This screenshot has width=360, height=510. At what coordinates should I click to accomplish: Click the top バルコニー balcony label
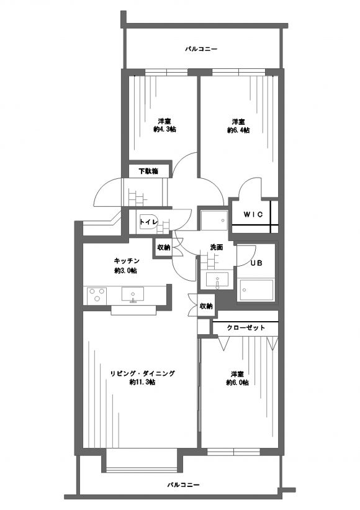click(201, 49)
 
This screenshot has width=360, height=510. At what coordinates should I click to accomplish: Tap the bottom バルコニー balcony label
click(183, 485)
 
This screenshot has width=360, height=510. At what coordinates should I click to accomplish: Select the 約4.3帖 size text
click(164, 129)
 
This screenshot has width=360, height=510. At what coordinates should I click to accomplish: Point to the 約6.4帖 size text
click(238, 130)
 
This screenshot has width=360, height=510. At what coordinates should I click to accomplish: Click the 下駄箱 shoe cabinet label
click(148, 171)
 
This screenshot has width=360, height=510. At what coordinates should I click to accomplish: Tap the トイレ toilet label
click(149, 222)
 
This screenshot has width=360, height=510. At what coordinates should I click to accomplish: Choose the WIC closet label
click(253, 215)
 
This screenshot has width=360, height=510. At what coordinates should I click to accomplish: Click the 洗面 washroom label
click(217, 247)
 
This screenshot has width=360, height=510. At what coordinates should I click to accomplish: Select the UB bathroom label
click(256, 263)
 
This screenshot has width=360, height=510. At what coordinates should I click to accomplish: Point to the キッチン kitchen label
click(127, 261)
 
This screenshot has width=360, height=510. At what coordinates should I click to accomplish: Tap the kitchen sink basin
click(133, 294)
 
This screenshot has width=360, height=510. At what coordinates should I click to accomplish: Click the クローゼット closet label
click(246, 327)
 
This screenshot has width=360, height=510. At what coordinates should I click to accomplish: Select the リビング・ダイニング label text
click(142, 373)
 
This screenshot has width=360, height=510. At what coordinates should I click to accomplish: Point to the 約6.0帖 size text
click(238, 383)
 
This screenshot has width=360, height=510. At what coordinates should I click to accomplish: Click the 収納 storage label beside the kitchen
click(164, 247)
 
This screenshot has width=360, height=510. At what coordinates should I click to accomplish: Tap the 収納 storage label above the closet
click(206, 306)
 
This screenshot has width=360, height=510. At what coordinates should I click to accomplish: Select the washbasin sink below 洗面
click(217, 280)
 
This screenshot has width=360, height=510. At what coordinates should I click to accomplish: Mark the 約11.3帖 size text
click(142, 382)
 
